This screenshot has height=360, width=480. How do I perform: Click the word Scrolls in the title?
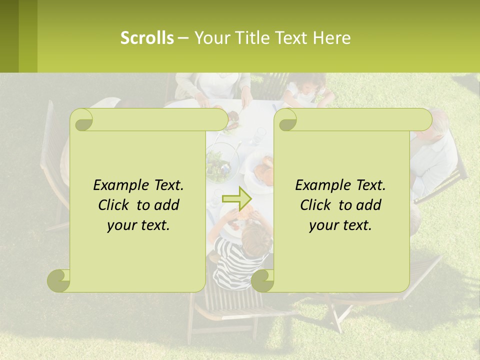147,38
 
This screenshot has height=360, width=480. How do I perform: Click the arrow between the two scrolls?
236,198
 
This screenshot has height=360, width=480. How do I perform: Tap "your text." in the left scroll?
138,225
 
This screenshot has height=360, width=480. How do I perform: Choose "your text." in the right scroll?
340,225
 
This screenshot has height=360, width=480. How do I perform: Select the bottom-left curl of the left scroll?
58,280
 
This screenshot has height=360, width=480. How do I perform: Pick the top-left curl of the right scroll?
286,120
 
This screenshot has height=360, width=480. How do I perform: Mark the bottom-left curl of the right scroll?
262,280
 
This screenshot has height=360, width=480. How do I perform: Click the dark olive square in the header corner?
9,36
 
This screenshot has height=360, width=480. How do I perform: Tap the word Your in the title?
209,38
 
